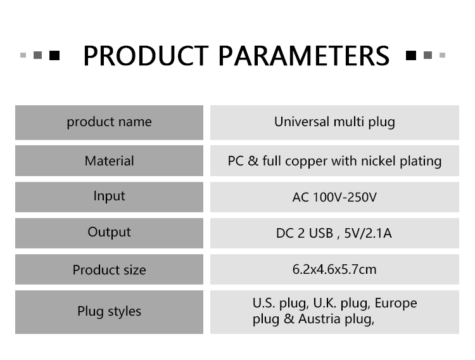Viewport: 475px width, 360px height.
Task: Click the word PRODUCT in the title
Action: tap(146, 56)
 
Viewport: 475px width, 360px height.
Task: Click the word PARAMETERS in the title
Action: tap(304, 56)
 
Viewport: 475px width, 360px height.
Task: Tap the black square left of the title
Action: tap(54, 55)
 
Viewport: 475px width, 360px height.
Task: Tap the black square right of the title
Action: tap(411, 55)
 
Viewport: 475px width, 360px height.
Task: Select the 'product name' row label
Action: tap(109, 122)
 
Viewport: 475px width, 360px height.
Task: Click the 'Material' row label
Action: tap(109, 161)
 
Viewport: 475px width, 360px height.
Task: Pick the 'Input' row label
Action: tap(109, 196)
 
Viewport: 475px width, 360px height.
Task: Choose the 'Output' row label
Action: tap(109, 233)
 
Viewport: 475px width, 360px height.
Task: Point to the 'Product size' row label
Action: tap(109, 269)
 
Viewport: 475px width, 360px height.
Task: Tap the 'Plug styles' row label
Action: tap(109, 311)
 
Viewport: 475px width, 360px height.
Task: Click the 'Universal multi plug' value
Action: tap(334, 122)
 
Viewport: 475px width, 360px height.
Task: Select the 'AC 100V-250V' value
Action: tap(334, 198)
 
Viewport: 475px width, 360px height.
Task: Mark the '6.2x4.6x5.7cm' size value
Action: tap(334, 269)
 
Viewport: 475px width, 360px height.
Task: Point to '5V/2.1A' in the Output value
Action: tap(368, 233)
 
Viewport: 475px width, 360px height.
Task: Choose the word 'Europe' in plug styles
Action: tap(396, 304)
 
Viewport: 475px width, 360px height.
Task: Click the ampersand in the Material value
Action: tap(253, 161)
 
